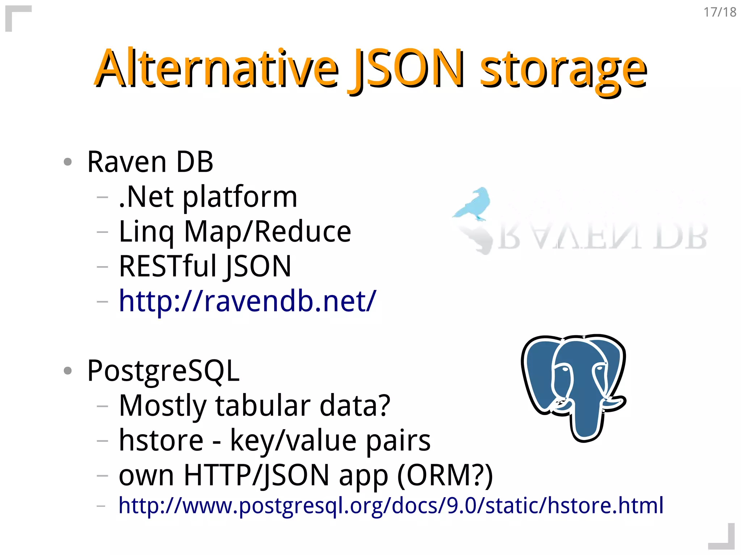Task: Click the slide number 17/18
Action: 720,12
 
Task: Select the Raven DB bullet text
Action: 150,162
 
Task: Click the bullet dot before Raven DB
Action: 68,162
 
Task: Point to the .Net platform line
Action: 208,197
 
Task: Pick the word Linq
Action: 147,232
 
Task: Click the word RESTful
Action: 168,266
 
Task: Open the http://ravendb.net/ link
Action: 247,301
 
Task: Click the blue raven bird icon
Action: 474,204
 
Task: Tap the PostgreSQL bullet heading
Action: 163,371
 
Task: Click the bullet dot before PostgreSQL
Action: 68,371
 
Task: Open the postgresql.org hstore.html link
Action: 391,505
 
